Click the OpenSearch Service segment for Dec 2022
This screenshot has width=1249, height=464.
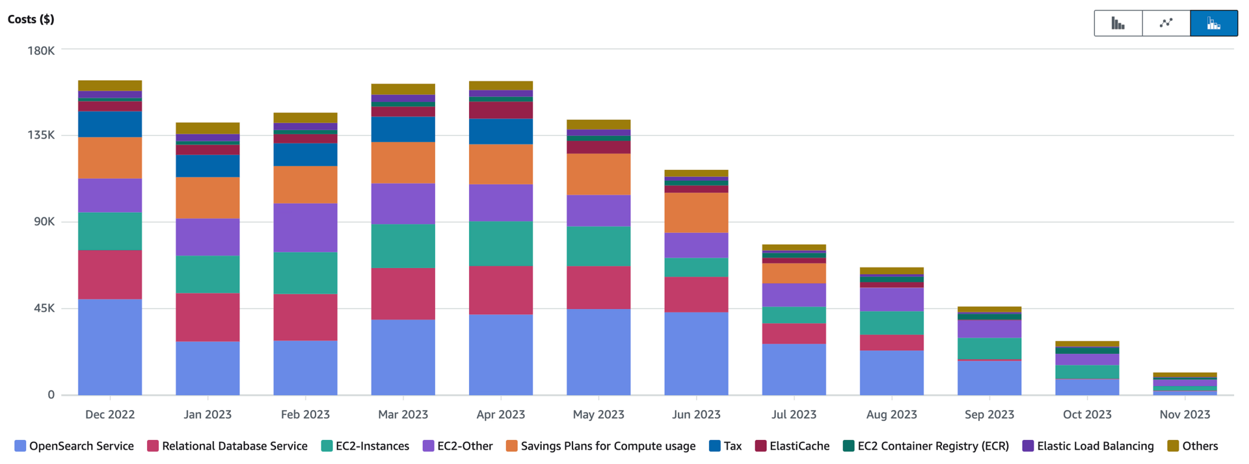pyautogui.click(x=110, y=346)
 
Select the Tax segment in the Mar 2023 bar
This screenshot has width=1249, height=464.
pyautogui.click(x=403, y=129)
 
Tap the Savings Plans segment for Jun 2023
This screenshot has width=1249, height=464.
pyautogui.click(x=696, y=212)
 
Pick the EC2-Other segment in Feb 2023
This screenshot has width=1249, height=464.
pyautogui.click(x=305, y=227)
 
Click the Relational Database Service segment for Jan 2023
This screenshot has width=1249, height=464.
pyautogui.click(x=208, y=317)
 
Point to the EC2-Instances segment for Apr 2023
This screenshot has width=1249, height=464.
pyautogui.click(x=500, y=243)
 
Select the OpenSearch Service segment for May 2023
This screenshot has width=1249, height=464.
pyautogui.click(x=598, y=351)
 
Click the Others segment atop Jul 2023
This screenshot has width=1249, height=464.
pyautogui.click(x=794, y=247)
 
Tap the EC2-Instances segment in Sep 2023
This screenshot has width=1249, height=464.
pyautogui.click(x=989, y=348)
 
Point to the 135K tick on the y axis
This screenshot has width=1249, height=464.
pyautogui.click(x=41, y=135)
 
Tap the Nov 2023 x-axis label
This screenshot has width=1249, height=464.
pyautogui.click(x=1185, y=415)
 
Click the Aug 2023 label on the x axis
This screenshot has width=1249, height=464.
pyautogui.click(x=891, y=415)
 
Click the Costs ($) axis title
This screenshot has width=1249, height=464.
pyautogui.click(x=31, y=19)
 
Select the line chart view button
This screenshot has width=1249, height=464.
pyautogui.click(x=1166, y=23)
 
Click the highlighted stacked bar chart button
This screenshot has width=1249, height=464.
pyautogui.click(x=1213, y=23)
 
